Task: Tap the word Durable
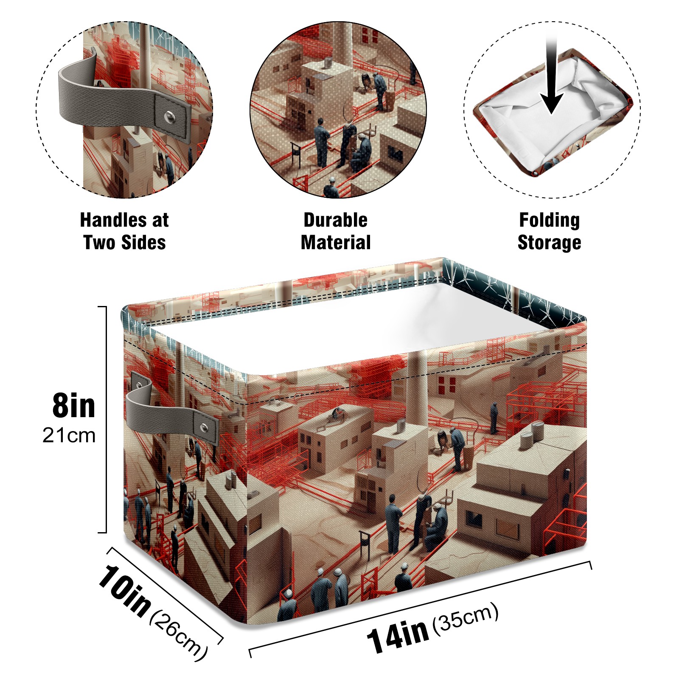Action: coord(335,220)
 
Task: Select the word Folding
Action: coord(550,221)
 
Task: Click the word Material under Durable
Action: coord(336,242)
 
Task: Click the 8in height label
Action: coord(74,406)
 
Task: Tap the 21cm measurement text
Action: coord(69,435)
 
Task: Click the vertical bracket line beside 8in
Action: coord(105,419)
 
